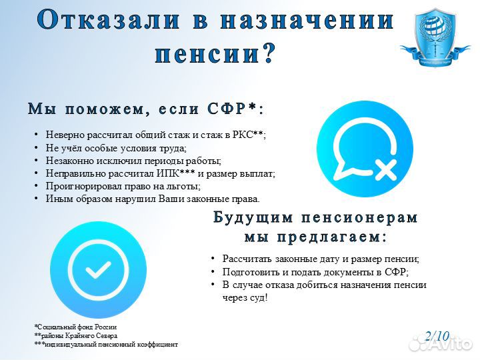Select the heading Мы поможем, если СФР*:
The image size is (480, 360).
(145, 109)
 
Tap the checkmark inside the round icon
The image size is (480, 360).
(99, 270)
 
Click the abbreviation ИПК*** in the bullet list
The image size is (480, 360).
(179, 173)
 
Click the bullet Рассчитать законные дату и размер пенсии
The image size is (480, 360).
(321, 259)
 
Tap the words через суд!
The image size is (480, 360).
(245, 297)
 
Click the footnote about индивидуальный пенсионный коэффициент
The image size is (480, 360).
(106, 345)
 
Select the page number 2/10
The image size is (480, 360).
(437, 336)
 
